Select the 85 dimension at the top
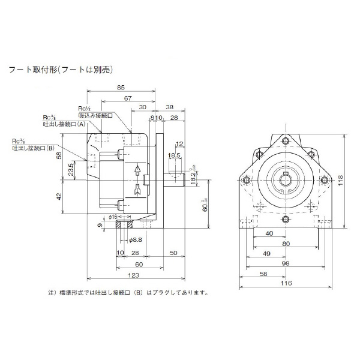pos(122,87)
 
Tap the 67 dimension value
pos(128,97)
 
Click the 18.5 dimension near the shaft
pos(174,155)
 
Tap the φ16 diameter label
pos(113,216)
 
